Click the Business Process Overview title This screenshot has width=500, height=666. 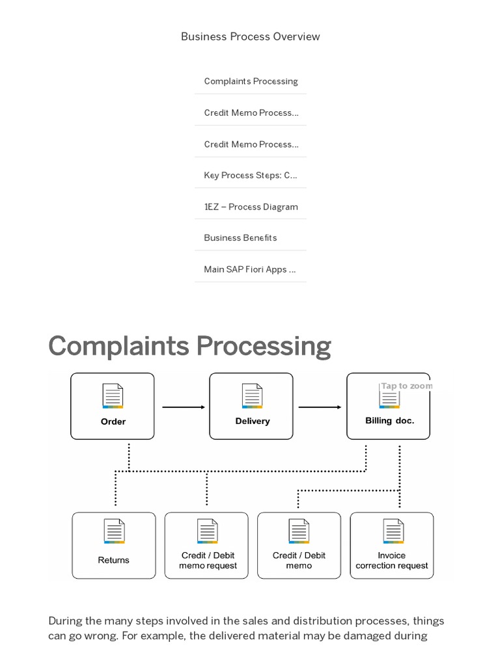coord(250,36)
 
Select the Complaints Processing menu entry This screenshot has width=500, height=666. coord(251,81)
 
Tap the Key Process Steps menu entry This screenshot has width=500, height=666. coord(251,175)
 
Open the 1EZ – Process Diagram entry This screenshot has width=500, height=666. coord(251,207)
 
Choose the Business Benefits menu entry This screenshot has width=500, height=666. coord(240,237)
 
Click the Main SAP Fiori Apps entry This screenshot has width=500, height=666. coord(250,269)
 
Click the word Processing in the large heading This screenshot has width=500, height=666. coord(264,346)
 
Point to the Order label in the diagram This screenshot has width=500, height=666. coord(113,421)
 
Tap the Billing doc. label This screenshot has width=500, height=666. coord(389,421)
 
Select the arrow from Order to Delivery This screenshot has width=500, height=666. coord(183,407)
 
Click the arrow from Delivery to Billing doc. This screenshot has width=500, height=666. coord(319,407)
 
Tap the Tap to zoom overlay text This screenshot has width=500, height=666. coord(406,386)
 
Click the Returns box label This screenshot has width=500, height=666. coord(114,560)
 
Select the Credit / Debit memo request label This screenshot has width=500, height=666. coord(208,561)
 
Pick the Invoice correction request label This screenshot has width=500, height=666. coord(392,561)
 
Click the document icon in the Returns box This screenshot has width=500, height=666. coord(114,531)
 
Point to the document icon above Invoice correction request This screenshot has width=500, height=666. coord(393,531)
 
